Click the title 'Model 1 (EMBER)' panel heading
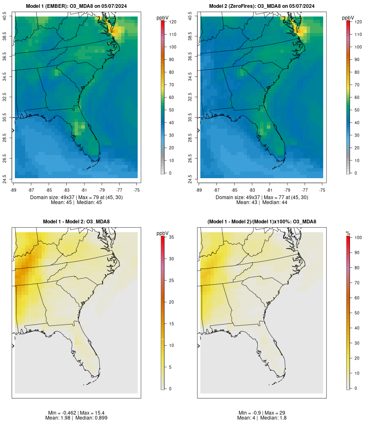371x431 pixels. pos(76,6)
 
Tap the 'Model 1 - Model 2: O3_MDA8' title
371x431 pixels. pos(76,221)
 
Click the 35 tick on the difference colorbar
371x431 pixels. pos(171,238)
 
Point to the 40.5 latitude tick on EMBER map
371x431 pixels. pos(5,16)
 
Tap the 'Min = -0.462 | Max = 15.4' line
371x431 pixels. pos(76,413)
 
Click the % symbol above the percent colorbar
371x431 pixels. pos(348,233)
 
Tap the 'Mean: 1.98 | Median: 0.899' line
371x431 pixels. pos(76,418)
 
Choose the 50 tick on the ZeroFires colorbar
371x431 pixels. pos(356,110)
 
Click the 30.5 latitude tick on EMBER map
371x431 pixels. pos(5,118)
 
